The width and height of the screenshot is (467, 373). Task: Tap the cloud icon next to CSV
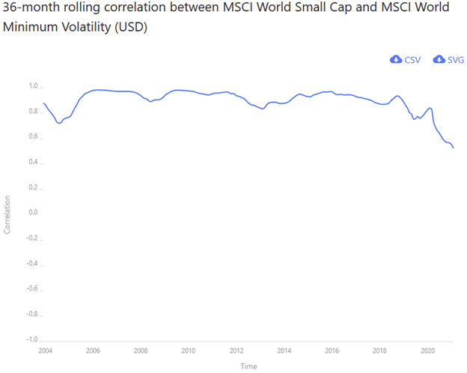coord(396,59)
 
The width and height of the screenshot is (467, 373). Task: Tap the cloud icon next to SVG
coord(439,59)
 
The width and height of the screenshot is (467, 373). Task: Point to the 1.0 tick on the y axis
coord(33,85)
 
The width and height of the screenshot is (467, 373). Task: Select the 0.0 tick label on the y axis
coord(33,213)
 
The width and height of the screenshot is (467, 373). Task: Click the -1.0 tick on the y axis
coord(31,340)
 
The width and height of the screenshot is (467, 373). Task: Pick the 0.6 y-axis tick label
coord(33,136)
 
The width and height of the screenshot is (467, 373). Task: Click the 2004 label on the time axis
coord(46,351)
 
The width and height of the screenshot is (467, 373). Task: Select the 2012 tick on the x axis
coord(236,351)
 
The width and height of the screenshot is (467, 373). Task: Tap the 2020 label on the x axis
coord(428,351)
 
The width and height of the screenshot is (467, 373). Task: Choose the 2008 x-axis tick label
coord(141,351)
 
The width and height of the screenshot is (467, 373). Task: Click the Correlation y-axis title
coord(8,214)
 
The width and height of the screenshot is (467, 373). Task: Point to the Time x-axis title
coord(248,366)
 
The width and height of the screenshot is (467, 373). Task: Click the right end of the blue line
coord(454,148)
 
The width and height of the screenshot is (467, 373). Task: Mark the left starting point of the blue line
coord(43,103)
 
